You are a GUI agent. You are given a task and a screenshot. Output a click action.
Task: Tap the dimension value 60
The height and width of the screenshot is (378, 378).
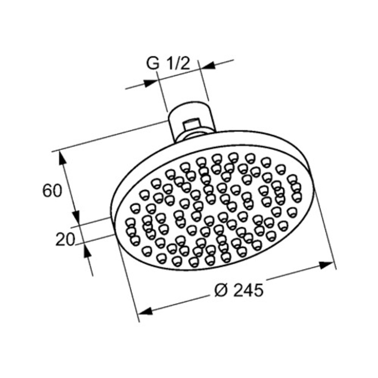[52, 191]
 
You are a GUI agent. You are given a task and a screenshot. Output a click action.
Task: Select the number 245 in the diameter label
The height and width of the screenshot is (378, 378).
[249, 290]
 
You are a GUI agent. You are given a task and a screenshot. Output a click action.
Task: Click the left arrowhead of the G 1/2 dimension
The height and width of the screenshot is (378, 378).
[150, 83]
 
